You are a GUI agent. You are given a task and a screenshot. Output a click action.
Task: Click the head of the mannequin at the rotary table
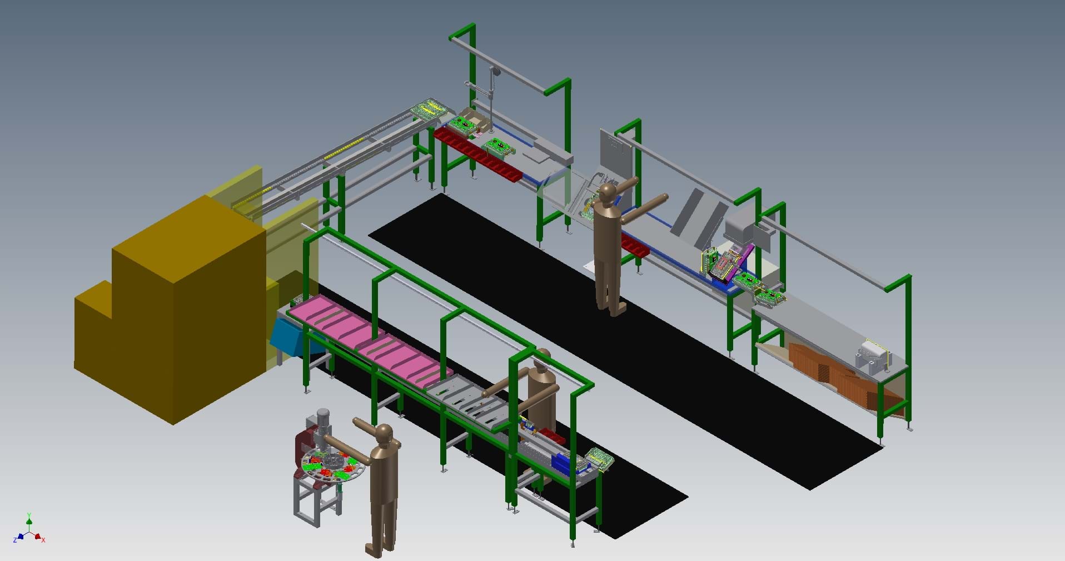click(384, 434)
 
